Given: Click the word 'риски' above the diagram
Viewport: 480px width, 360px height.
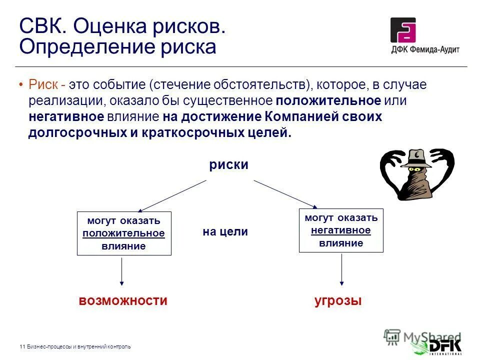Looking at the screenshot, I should pos(228,165).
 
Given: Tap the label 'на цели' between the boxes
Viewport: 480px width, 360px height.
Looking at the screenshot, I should pos(225,232).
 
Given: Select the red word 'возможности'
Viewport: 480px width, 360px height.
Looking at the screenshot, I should pos(122,300).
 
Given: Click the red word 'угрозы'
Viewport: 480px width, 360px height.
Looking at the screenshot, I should pos(338,300).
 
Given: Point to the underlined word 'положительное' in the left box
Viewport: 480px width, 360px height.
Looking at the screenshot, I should pos(123,233).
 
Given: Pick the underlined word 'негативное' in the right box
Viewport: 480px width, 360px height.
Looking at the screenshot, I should pos(340,230).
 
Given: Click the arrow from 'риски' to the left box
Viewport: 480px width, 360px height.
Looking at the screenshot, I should pos(172,195).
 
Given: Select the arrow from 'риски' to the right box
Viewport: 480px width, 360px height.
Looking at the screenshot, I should pos(285,193).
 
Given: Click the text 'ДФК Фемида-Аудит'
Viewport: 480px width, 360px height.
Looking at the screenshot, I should pos(425,49).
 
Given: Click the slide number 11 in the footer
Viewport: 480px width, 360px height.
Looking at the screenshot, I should pos(22,346).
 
